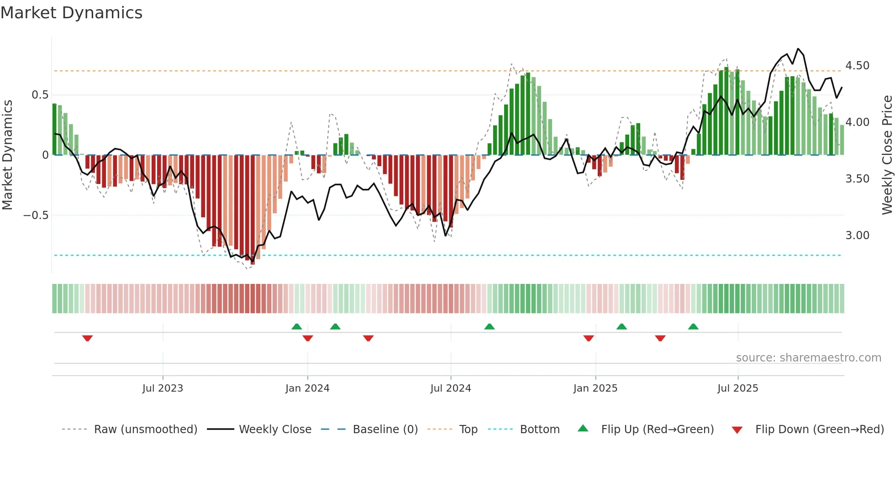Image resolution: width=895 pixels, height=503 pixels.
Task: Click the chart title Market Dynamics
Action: click(72, 13)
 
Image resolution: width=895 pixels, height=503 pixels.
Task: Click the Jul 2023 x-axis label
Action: click(163, 388)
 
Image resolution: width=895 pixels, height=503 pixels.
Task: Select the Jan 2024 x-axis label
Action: click(307, 388)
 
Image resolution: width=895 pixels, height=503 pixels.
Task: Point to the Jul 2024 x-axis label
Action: click(451, 388)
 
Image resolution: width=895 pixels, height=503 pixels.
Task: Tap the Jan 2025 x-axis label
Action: click(595, 388)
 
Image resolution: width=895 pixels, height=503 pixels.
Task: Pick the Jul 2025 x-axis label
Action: click(738, 388)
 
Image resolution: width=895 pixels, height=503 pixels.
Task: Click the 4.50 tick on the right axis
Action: click(857, 66)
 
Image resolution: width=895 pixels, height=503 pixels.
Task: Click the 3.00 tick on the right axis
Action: click(857, 236)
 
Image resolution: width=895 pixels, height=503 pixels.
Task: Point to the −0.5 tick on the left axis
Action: click(36, 215)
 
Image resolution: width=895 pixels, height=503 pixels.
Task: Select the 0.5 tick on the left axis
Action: click(40, 95)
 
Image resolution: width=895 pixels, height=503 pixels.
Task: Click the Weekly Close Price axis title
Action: click(887, 155)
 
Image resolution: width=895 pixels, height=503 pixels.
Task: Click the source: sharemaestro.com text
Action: click(808, 358)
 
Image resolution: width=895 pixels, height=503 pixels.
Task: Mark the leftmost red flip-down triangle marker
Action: click(88, 338)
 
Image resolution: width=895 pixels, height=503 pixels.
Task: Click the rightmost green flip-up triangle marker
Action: click(693, 326)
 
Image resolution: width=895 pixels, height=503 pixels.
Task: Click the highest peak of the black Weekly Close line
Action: click(798, 49)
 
